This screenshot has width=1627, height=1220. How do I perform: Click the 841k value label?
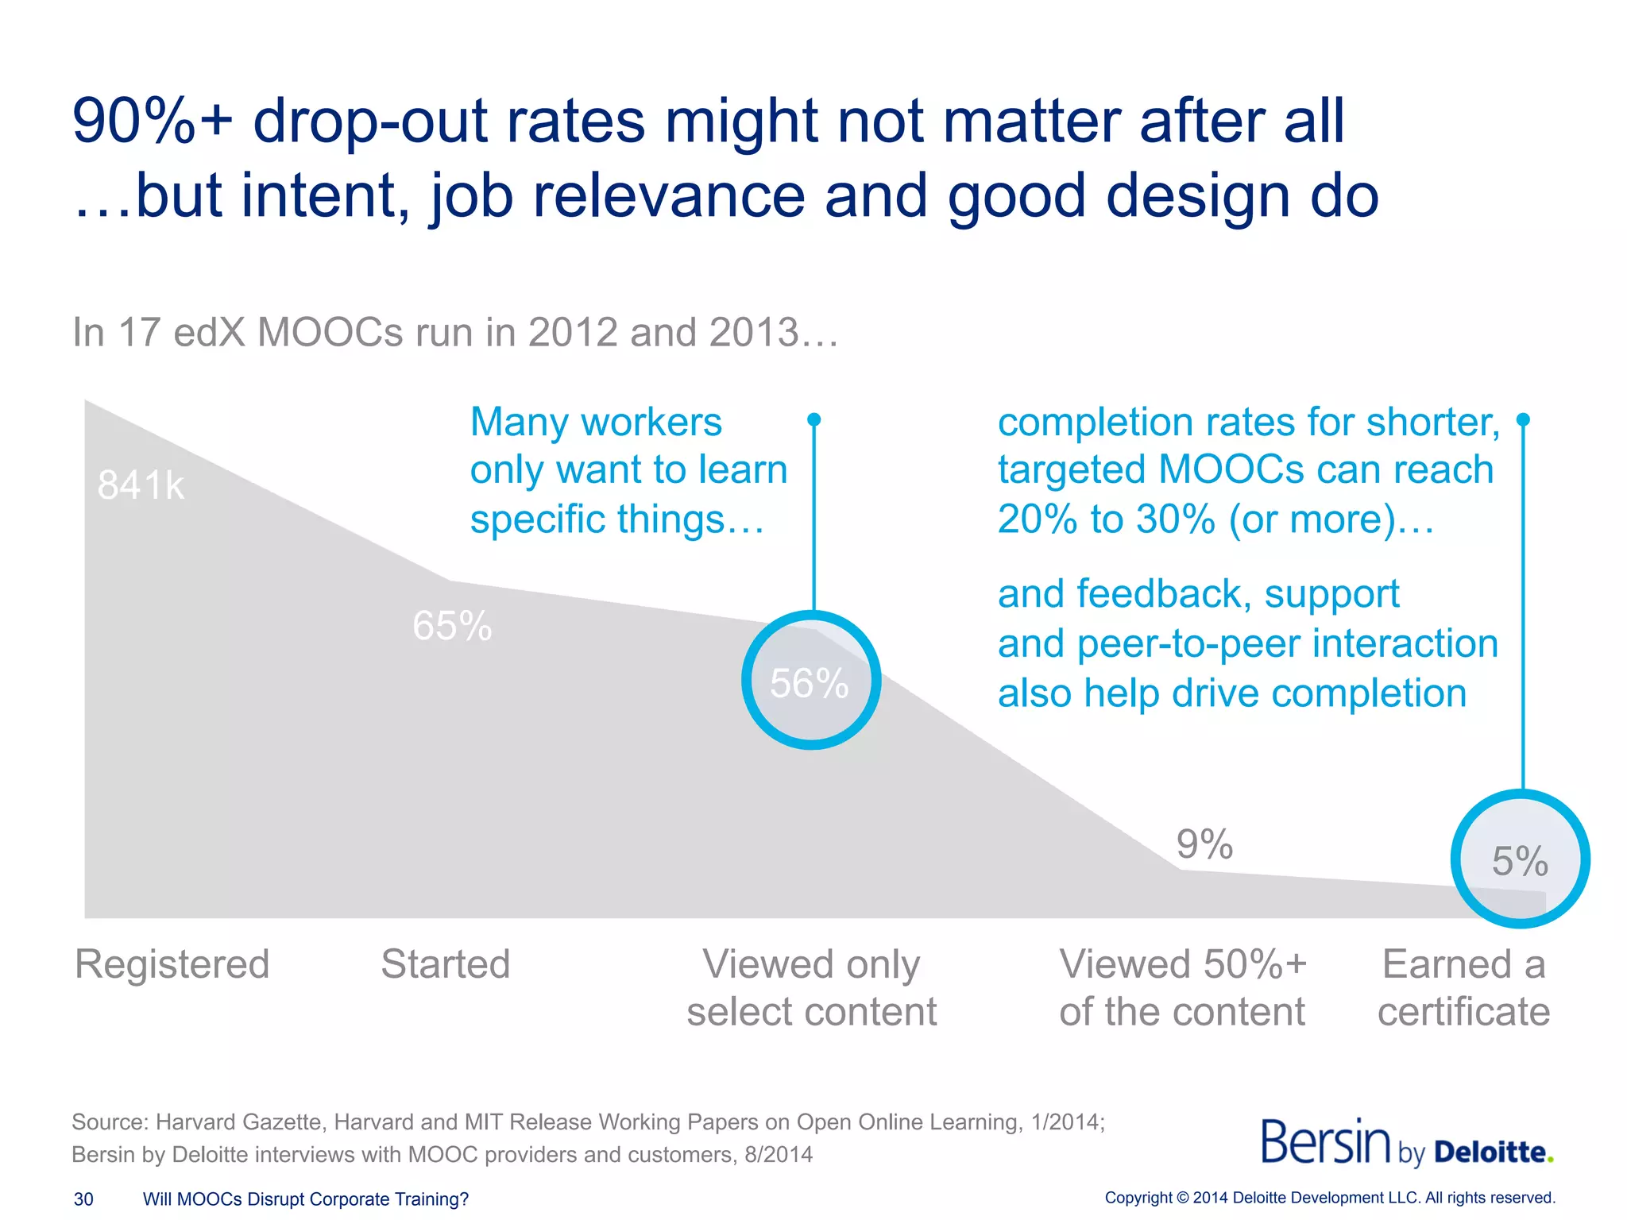click(141, 485)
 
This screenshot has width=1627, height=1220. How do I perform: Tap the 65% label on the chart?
click(452, 626)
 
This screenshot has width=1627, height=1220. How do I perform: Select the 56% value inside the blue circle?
click(810, 683)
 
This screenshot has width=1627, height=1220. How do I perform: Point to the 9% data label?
click(1204, 844)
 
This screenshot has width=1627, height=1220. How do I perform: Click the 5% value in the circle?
click(1520, 861)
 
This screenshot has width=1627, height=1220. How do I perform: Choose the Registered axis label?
click(172, 964)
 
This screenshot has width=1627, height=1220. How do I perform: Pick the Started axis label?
click(445, 964)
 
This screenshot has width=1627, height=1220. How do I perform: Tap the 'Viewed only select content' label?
click(811, 988)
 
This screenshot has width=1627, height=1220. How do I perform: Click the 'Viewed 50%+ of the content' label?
click(1182, 988)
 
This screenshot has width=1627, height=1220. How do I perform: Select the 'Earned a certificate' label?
click(1463, 988)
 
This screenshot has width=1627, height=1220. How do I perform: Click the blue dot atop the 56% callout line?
click(813, 419)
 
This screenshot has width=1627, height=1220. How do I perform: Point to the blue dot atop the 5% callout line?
click(1523, 419)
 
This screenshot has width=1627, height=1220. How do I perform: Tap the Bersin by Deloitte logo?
click(1406, 1144)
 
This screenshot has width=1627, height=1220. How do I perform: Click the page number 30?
click(83, 1199)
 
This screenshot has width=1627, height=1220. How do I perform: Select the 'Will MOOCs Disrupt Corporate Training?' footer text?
click(306, 1199)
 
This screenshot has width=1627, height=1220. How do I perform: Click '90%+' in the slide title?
click(151, 121)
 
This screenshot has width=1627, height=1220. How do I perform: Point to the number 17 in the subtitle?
click(141, 332)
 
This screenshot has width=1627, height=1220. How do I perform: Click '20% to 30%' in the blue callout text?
click(1106, 519)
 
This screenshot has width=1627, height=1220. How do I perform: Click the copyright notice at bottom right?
click(1330, 1198)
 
